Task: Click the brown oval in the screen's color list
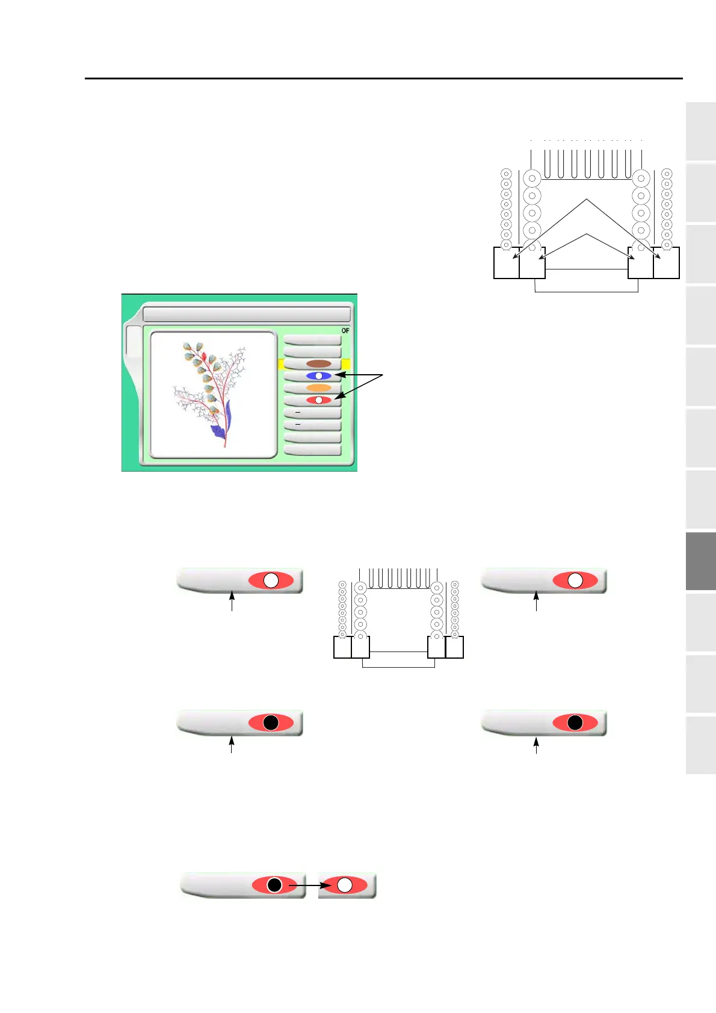click(318, 364)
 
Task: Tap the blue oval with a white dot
click(318, 376)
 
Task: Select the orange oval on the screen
click(318, 388)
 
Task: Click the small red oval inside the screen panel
click(318, 400)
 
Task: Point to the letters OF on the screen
click(345, 331)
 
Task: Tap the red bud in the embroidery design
click(203, 357)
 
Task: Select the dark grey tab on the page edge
click(700, 561)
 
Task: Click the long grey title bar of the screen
click(247, 315)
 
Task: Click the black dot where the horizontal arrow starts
click(274, 885)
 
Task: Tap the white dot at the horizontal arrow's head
click(345, 885)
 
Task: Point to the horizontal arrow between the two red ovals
click(309, 885)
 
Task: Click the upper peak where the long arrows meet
click(587, 200)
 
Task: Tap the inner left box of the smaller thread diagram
click(360, 647)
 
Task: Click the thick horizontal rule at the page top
click(384, 78)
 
